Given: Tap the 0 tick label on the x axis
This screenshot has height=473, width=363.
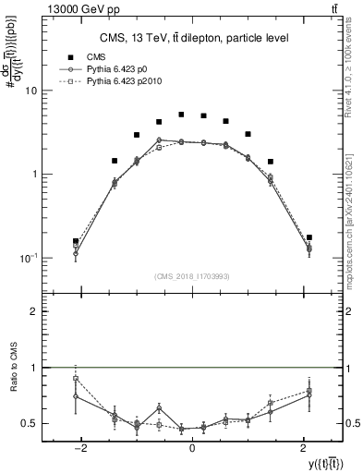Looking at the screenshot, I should click(x=192, y=446).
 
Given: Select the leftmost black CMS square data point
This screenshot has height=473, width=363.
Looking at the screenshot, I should click(x=76, y=241).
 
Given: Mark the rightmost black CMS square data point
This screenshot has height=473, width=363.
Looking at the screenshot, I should click(x=309, y=237).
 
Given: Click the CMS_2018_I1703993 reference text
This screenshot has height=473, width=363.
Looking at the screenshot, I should click(x=193, y=276).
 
